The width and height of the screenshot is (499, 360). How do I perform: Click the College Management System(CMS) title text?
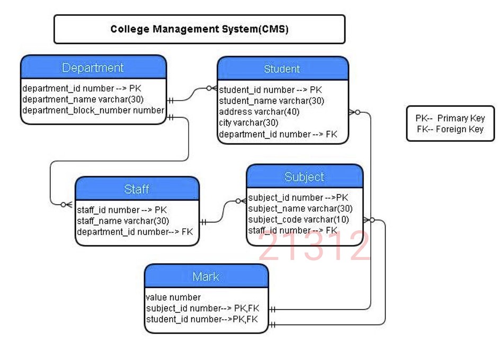point(199,29)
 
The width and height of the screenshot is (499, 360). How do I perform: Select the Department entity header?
point(93,68)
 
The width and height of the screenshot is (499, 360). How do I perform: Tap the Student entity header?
point(282,69)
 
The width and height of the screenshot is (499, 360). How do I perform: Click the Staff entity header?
point(137,189)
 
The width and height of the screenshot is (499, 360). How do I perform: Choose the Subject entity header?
point(304,177)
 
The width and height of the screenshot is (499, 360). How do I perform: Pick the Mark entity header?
point(206,276)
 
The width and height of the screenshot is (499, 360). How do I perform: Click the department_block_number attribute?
point(93,110)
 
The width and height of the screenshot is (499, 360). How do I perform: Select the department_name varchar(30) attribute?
point(83,99)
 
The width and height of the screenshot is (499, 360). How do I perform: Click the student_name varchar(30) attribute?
point(271,101)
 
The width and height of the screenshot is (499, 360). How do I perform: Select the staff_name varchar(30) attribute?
point(123,221)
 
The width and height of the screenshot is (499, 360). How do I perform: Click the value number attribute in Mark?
point(173,297)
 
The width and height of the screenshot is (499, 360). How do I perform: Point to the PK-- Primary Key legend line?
point(450,118)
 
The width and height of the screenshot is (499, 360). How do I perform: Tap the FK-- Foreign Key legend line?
point(450,129)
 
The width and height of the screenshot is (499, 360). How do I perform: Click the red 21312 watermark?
point(314,247)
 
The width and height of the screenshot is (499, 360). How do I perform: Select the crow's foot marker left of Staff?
point(66,204)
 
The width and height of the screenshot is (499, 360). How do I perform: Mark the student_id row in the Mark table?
point(202,319)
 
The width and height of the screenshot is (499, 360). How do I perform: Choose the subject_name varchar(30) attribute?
point(300,209)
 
